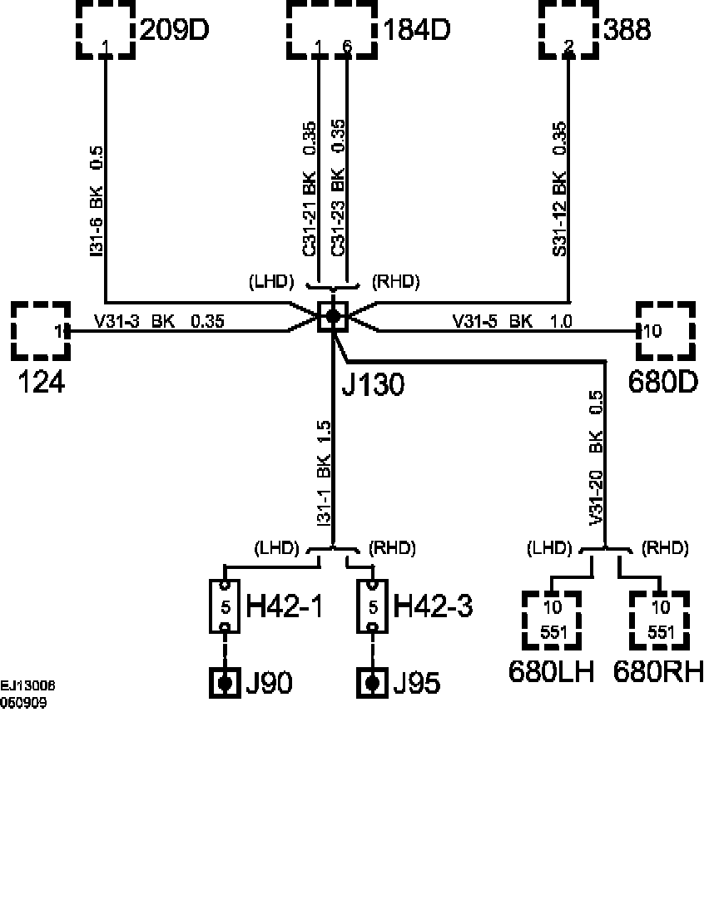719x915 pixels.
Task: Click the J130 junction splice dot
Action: pos(333,316)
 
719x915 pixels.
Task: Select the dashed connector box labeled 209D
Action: pos(106,30)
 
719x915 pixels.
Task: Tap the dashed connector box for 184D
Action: pos(333,30)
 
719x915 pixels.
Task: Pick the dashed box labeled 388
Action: pos(568,30)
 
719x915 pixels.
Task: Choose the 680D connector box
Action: pos(665,330)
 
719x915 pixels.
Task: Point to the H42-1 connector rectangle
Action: pos(225,606)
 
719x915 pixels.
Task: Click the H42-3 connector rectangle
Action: pos(373,606)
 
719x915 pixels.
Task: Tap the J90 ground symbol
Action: pos(224,683)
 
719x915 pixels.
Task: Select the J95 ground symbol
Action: pos(373,683)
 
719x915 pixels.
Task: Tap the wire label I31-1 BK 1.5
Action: pos(324,472)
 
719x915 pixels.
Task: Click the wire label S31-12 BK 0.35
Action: pos(559,189)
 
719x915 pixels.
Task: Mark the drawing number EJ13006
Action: pos(28,686)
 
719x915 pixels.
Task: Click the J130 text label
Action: pos(374,384)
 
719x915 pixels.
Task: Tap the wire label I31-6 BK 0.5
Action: pos(96,200)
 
